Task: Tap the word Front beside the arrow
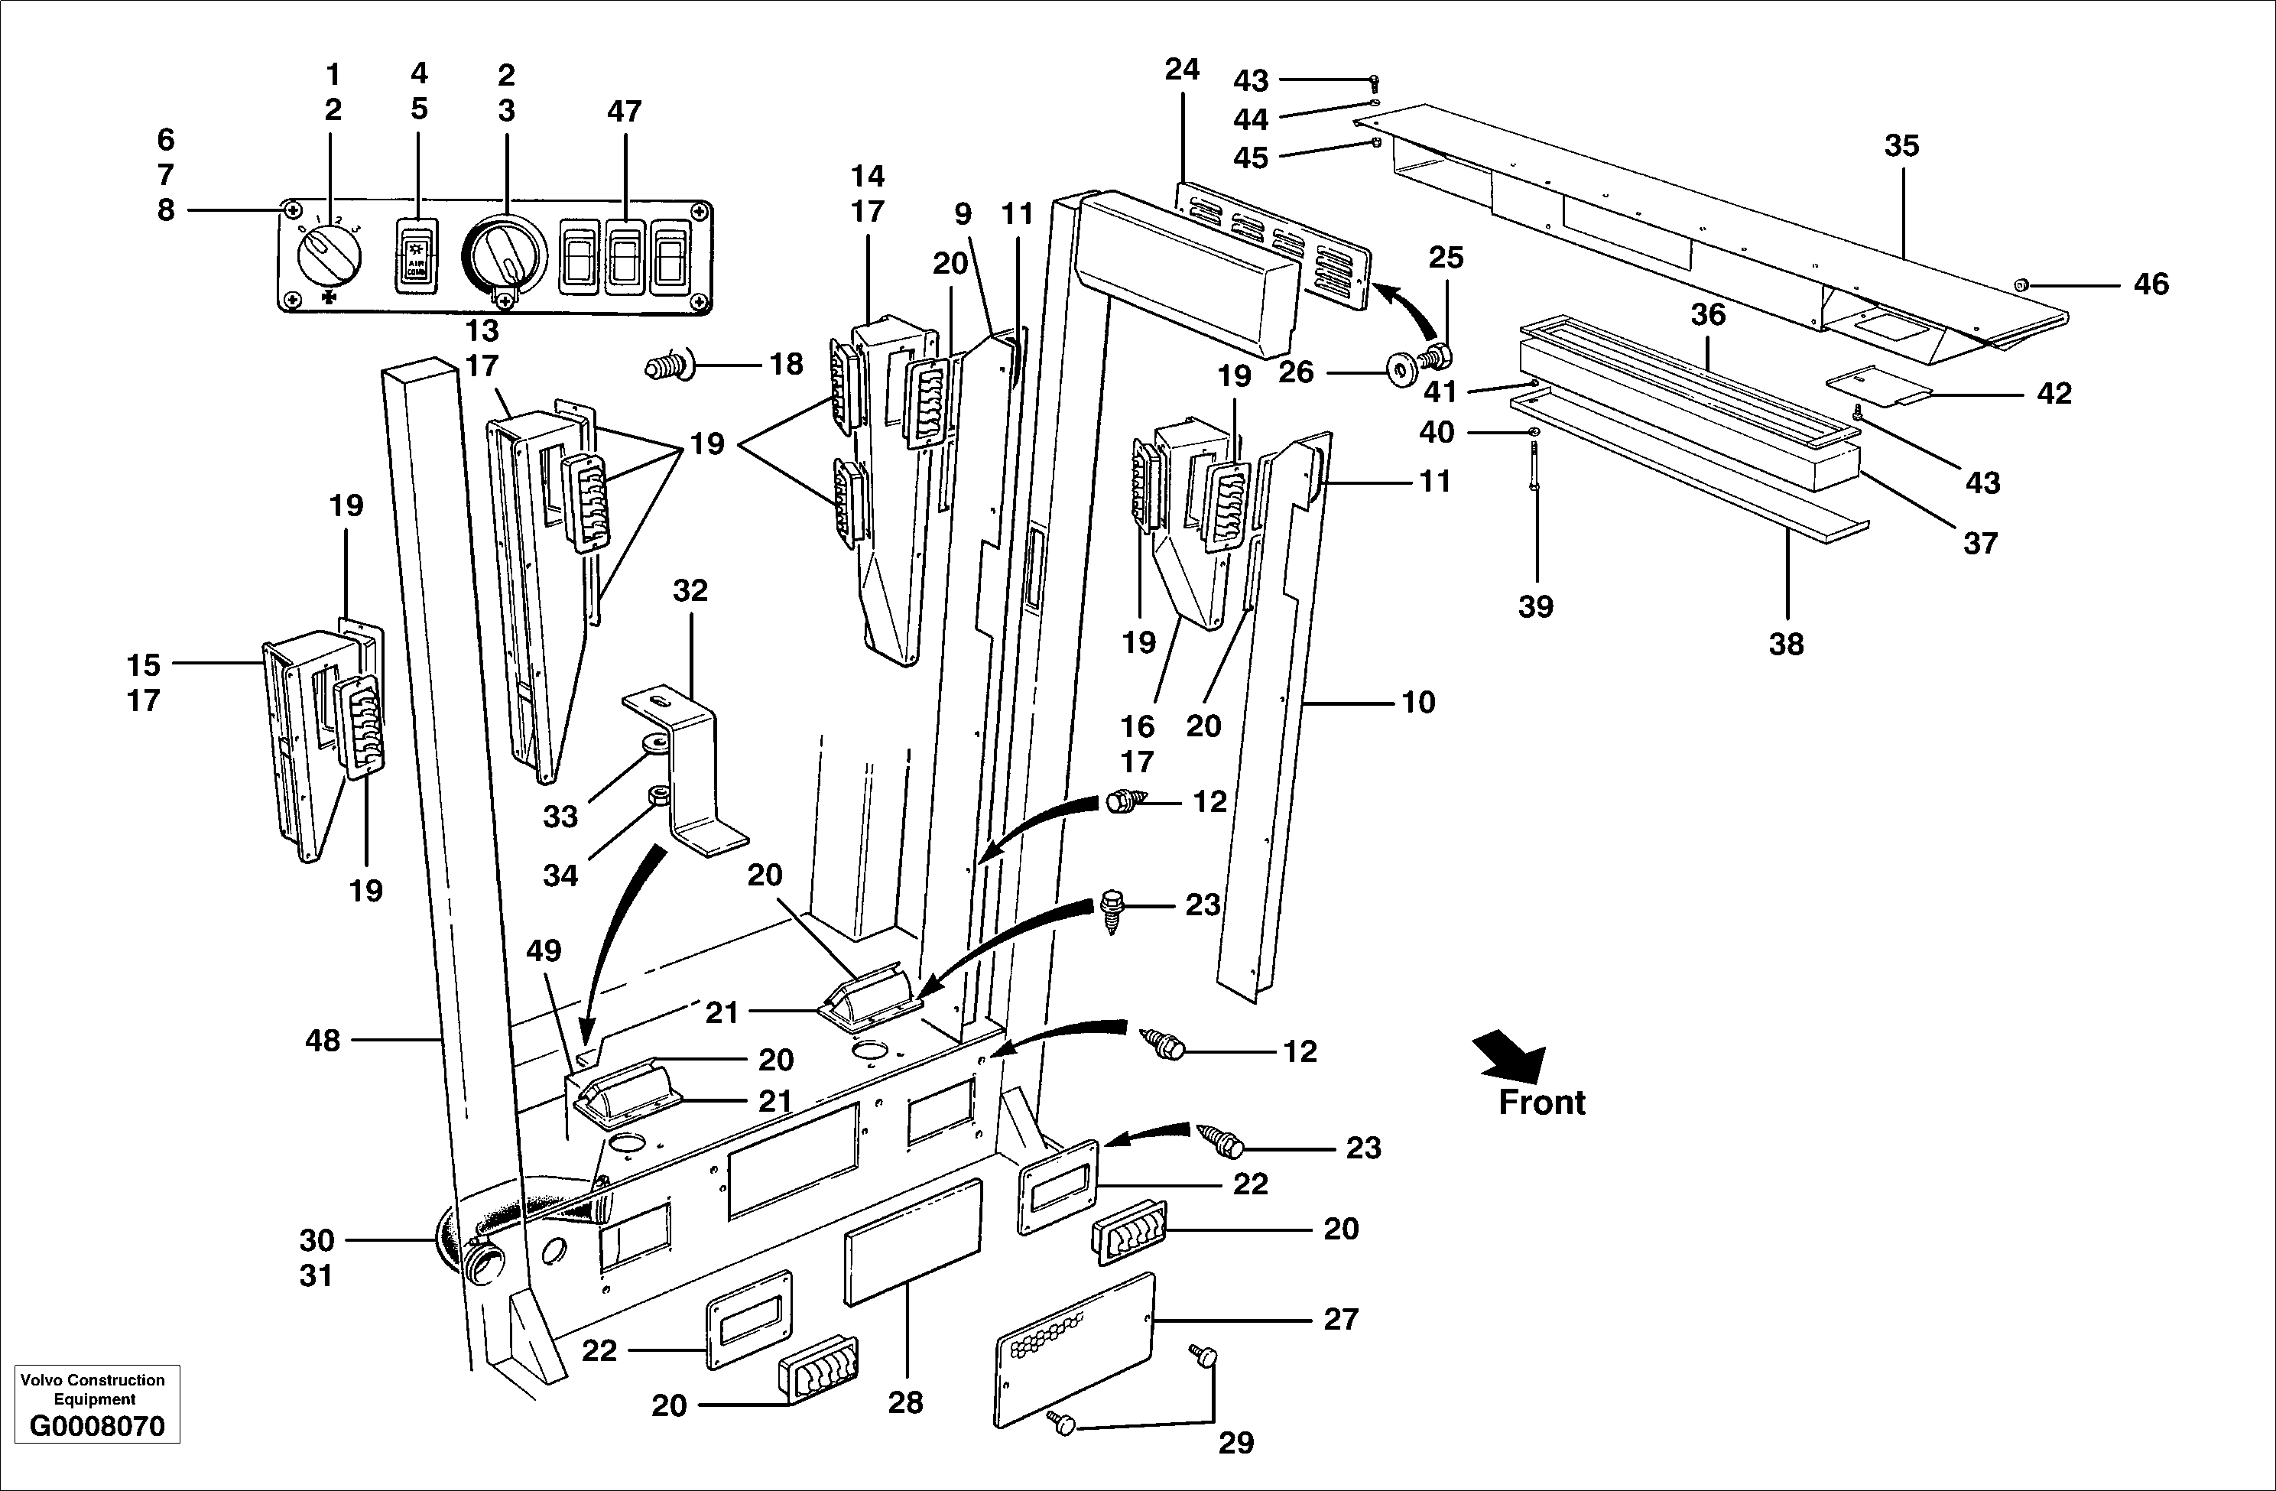coord(1541,1103)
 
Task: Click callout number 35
coord(1901,146)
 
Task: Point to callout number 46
coord(2151,284)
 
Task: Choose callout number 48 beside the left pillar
coord(323,1041)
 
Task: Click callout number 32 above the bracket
coord(690,591)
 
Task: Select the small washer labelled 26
coord(1402,371)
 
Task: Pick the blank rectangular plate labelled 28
coord(914,1242)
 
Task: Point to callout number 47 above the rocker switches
coord(624,112)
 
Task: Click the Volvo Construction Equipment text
coord(93,1389)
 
